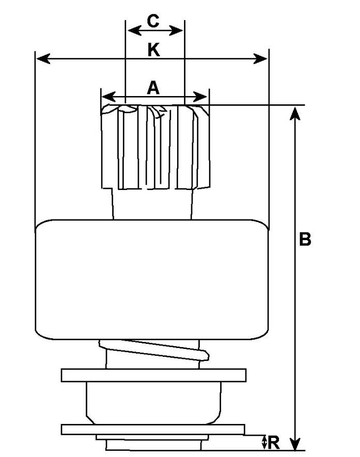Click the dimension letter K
point(153,50)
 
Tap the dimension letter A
point(153,88)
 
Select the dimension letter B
point(305,240)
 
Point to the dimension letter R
point(274,443)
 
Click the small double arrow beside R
point(264,442)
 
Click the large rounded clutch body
point(153,279)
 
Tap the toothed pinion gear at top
point(155,147)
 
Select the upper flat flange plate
point(153,375)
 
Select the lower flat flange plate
point(153,429)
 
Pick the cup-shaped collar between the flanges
point(153,402)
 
